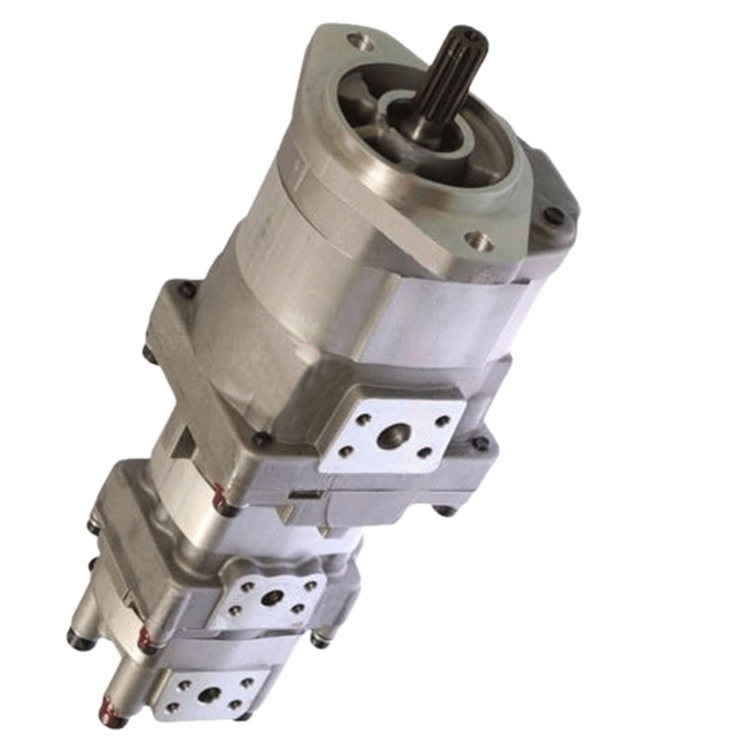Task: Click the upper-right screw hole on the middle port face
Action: pyautogui.click(x=310, y=586)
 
